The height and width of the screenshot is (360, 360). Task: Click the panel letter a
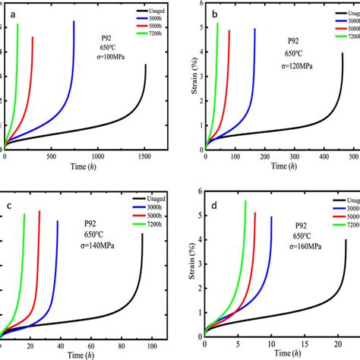click(13, 13)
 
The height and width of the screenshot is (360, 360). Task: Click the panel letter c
click(9, 206)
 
